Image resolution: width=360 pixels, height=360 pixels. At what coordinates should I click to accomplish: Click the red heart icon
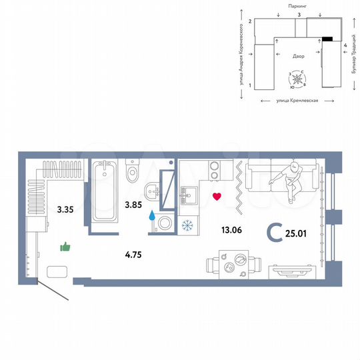pyautogui.click(x=216, y=196)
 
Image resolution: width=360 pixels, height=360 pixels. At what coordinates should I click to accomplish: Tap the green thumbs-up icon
pyautogui.click(x=65, y=247)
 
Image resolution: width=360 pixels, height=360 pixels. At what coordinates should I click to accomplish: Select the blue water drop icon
pyautogui.click(x=152, y=216)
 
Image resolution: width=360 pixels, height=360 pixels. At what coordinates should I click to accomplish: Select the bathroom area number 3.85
pyautogui.click(x=136, y=205)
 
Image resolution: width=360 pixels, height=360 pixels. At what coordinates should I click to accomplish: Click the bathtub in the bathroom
pyautogui.click(x=105, y=191)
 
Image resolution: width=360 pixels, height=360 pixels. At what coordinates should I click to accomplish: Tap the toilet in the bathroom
pyautogui.click(x=132, y=171)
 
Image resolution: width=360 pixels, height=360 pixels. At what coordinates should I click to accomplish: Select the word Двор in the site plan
pyautogui.click(x=299, y=56)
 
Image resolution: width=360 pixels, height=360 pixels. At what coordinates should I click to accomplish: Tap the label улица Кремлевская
pyautogui.click(x=297, y=100)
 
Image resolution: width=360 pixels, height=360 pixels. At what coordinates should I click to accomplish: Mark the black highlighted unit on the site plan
pyautogui.click(x=327, y=38)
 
